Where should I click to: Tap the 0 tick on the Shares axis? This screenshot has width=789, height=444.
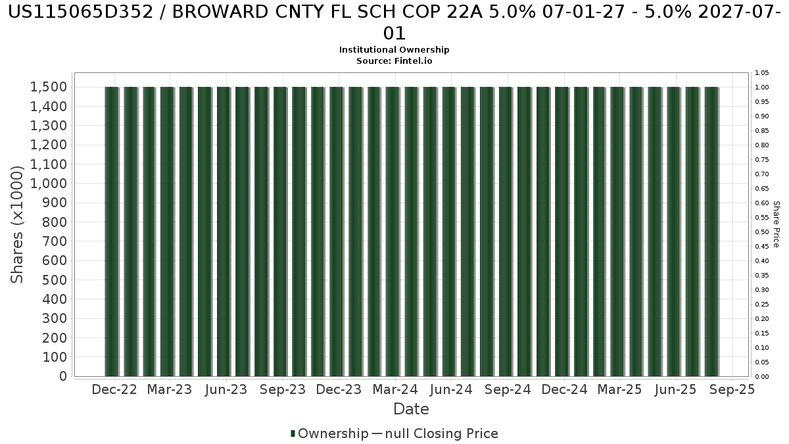pos(63,376)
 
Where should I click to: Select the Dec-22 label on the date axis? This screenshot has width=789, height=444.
pos(114,389)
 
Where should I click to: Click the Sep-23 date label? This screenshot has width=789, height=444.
pos(283,389)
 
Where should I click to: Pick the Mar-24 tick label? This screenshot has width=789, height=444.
pos(394,389)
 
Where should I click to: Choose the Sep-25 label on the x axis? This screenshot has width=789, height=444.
pos(732,389)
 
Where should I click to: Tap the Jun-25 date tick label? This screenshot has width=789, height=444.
pos(675,389)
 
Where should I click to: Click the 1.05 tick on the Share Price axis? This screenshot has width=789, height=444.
pos(762,72)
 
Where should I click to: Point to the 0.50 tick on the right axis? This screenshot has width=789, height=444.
pos(762,232)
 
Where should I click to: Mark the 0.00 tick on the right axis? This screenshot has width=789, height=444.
pos(762,376)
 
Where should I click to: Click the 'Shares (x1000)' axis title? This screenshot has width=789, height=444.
pos(18,224)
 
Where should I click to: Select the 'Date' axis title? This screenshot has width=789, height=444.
pos(411,409)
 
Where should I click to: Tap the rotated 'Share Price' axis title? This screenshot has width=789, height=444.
pos(777,224)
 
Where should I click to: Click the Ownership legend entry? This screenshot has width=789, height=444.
pos(333,433)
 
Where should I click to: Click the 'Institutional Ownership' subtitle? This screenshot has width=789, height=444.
pos(394,50)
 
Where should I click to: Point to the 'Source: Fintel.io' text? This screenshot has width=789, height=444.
pos(394,61)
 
